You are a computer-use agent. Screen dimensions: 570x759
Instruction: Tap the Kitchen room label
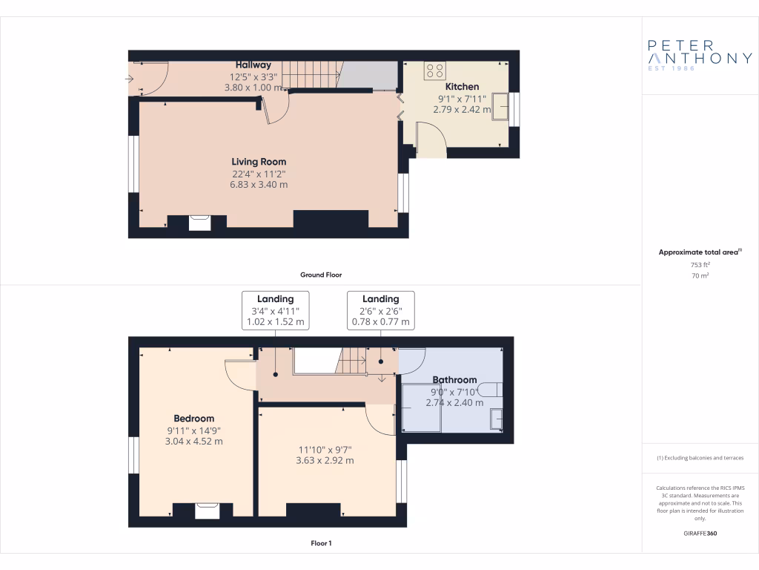(x=462, y=87)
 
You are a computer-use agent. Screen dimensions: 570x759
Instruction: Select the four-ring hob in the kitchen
(x=434, y=71)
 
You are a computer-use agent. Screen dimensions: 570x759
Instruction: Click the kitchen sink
(x=500, y=106)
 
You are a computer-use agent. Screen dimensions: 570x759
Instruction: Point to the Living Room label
(x=259, y=162)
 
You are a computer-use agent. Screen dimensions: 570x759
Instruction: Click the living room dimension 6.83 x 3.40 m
(x=259, y=184)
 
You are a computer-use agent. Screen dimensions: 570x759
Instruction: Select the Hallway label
(x=253, y=65)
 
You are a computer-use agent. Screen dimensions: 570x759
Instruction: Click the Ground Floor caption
(x=320, y=275)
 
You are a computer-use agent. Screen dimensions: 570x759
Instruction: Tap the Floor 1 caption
(x=320, y=543)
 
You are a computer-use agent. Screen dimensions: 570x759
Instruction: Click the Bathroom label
(x=454, y=380)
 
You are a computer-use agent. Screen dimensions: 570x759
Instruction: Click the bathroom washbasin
(x=497, y=420)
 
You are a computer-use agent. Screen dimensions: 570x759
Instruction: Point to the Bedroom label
(x=193, y=419)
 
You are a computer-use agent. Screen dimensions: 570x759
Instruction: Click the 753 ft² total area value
(x=700, y=264)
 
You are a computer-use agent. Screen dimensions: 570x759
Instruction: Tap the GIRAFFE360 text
(x=700, y=534)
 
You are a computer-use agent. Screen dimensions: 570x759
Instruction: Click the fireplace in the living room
(x=199, y=222)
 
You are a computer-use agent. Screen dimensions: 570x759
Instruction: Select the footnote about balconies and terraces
(x=700, y=458)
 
